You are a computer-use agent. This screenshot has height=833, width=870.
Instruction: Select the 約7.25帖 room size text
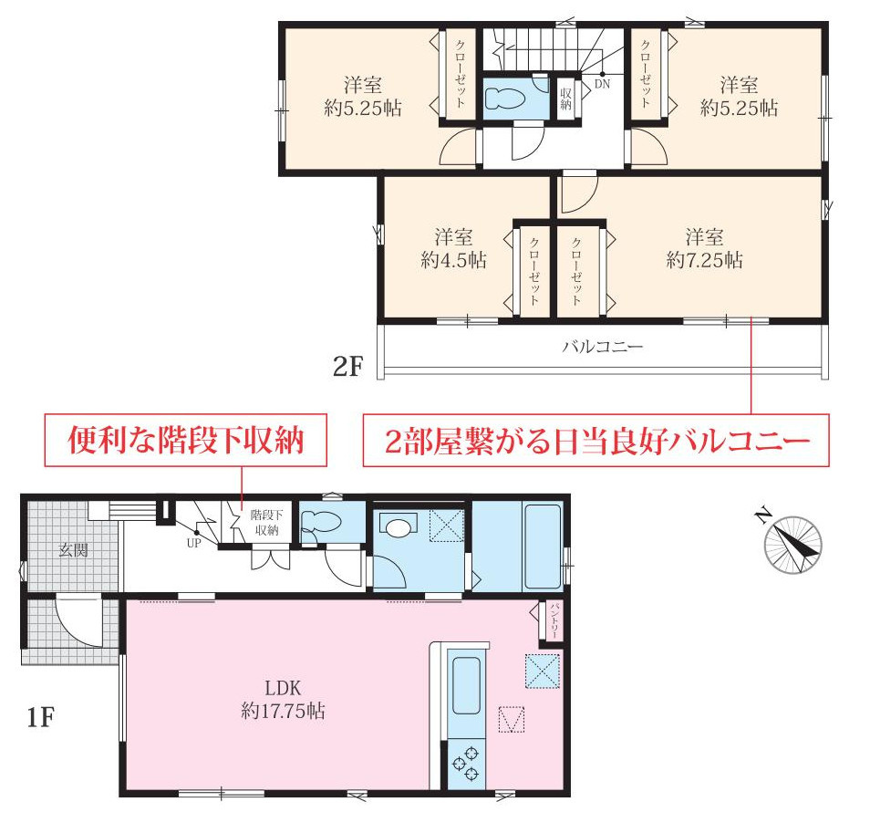704,261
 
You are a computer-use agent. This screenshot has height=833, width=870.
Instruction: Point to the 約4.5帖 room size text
453,261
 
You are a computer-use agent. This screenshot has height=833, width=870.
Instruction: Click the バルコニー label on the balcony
602,347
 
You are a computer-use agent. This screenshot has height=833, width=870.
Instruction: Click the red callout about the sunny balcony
597,442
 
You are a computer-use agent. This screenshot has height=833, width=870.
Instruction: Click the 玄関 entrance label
74,550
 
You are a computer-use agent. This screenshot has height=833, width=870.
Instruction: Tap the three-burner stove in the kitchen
466,763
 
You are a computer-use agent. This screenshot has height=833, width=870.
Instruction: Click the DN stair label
602,84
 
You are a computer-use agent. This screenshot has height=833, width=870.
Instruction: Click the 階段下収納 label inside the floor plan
266,523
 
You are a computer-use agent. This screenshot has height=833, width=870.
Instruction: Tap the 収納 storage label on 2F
565,98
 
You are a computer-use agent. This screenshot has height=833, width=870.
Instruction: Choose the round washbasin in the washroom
398,526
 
